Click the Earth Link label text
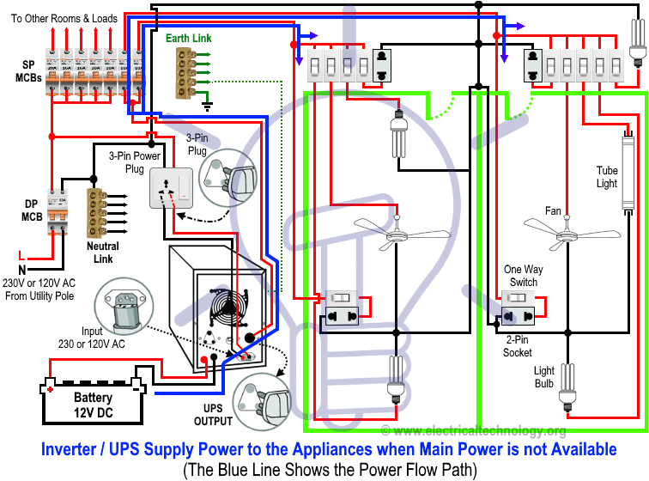(x=188, y=39)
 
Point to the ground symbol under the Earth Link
(x=207, y=106)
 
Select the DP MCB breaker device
(x=57, y=210)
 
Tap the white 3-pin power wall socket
(x=172, y=188)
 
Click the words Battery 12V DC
(x=93, y=405)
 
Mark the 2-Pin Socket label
(x=518, y=346)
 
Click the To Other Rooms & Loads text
(x=64, y=18)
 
